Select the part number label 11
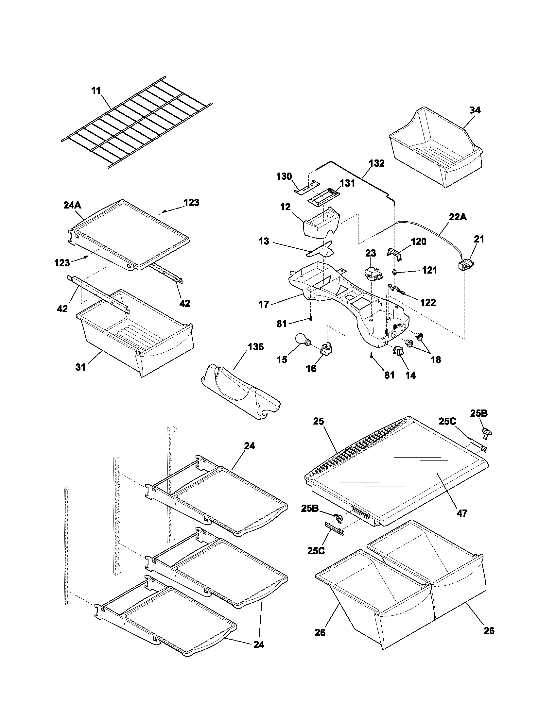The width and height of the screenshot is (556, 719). pos(96,91)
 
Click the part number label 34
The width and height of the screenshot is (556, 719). pos(475,110)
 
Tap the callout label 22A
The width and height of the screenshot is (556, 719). pos(458,217)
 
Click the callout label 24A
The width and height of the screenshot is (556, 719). pos(72,206)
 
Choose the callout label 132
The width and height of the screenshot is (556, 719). pos(377,163)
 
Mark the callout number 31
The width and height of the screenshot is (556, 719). pos(80,367)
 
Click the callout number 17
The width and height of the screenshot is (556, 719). pos(264,305)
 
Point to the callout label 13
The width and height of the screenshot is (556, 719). pos(264,241)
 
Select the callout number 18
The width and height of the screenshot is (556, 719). pos(435,359)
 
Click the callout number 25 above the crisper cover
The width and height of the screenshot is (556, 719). pos(319,421)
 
